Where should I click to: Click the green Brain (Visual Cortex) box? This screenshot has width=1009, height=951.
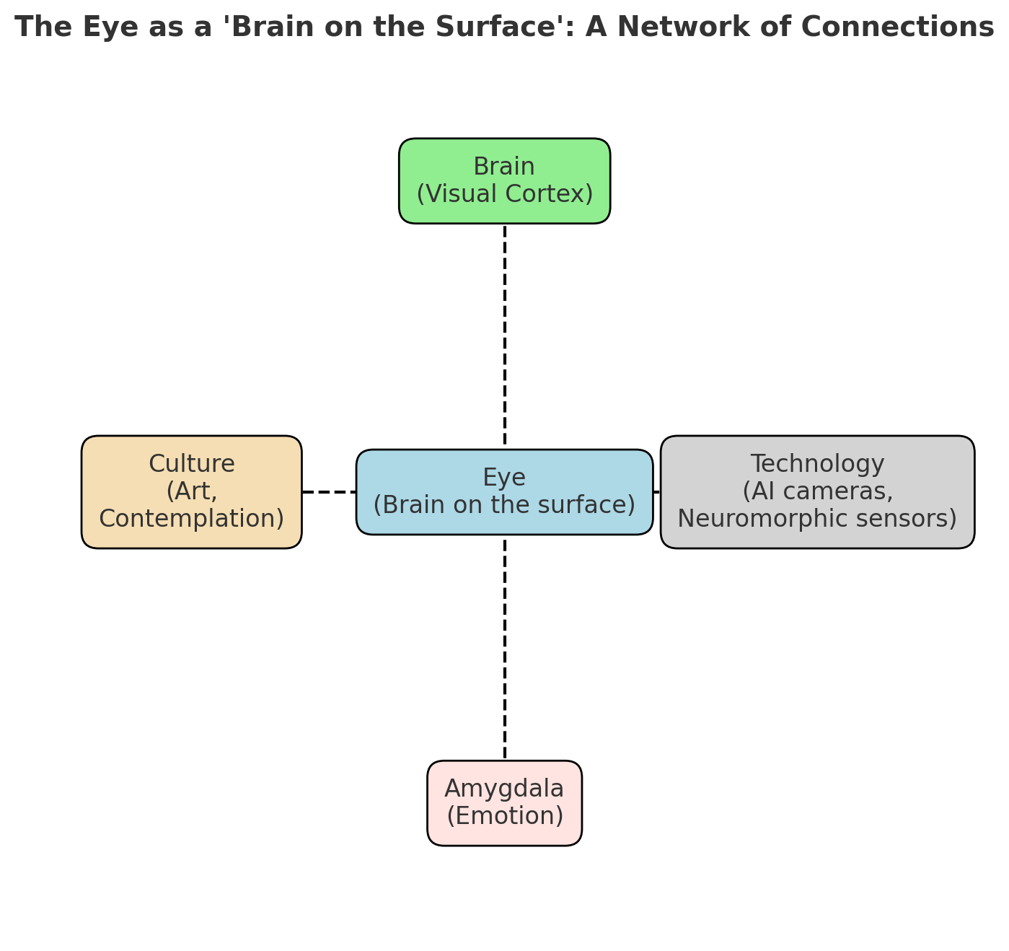(x=504, y=181)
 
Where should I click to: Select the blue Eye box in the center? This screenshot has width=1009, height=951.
(x=504, y=492)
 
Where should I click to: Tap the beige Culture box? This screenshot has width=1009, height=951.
(x=191, y=492)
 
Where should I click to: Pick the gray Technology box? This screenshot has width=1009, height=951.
(x=817, y=492)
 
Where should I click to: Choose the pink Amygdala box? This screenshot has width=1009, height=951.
(x=504, y=803)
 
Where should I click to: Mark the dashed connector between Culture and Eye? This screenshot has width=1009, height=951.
(x=329, y=492)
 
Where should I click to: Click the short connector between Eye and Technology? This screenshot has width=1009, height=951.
(x=656, y=492)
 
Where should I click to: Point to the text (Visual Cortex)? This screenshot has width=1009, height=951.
(x=504, y=194)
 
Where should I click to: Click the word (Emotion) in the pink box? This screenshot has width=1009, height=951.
(x=504, y=816)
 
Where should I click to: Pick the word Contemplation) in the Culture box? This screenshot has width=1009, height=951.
(x=191, y=519)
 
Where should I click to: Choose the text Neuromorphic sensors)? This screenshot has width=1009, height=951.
(x=817, y=519)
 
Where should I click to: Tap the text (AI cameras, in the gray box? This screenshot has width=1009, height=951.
(x=817, y=491)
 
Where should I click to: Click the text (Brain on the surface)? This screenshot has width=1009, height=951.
(x=504, y=505)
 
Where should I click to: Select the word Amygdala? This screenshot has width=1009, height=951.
(x=504, y=789)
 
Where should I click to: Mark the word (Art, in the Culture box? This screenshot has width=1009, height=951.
(x=191, y=491)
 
